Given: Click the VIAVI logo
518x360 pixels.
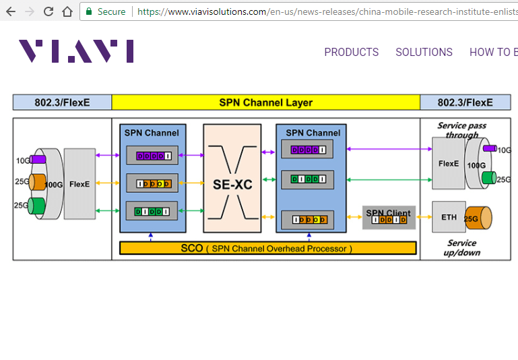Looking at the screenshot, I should pos(75,51).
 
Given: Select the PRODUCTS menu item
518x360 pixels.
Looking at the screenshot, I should pos(351,52).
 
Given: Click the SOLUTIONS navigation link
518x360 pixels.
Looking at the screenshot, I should pos(424,52).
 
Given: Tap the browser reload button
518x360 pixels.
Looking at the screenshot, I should pos(48,11).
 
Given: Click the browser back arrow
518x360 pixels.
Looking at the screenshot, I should pos(11,11).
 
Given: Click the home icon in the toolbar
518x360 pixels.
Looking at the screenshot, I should pos(67,11).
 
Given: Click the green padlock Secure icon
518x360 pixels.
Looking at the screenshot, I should pos(88,11).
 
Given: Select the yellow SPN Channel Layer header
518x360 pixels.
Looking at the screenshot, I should pos(265,102).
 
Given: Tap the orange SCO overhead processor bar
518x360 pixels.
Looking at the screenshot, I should pos(267,248).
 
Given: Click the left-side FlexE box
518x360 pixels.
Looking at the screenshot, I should pos(79,183).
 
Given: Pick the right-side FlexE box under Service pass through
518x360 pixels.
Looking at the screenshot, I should pos(448,164).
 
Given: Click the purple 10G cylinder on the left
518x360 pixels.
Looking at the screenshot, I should pos(38,160).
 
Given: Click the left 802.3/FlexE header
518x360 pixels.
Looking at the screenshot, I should pos(62,102).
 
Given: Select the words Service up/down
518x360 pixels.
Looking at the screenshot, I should pos(461,247).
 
